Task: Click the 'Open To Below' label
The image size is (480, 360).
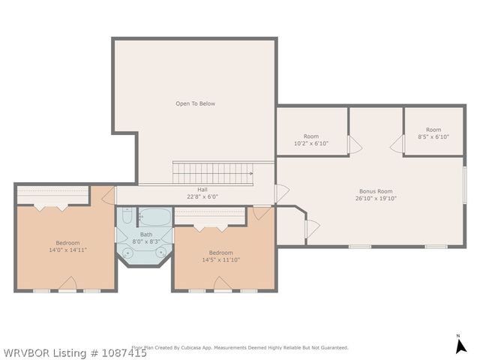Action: pos(195,103)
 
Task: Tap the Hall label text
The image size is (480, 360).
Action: pos(202,190)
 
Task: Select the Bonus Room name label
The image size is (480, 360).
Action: pos(375,191)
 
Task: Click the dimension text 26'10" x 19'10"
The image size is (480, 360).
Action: pos(375,199)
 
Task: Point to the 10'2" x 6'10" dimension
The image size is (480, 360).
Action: pos(310,143)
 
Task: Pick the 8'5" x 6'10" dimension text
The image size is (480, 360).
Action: pos(433,136)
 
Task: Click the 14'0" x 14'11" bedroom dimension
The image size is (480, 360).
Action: pos(67,250)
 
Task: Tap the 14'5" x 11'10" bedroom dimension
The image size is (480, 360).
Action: pos(220,259)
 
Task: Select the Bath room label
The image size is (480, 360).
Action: pos(145,234)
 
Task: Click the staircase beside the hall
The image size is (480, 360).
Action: pos(213,173)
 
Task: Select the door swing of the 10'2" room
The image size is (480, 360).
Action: pos(355,145)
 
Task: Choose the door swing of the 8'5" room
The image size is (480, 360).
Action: pos(397,145)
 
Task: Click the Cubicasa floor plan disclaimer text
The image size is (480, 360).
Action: pos(240,347)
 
